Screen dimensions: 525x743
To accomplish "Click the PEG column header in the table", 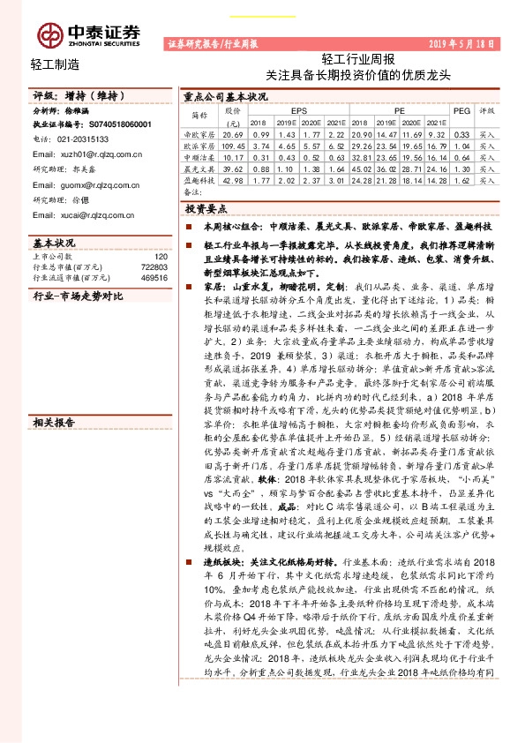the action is (x=461, y=111).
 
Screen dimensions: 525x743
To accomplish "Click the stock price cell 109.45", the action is (x=234, y=145).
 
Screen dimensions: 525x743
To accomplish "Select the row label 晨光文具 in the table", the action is (x=199, y=168).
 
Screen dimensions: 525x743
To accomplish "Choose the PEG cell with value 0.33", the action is (x=461, y=133).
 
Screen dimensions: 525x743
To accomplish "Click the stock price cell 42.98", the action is (x=234, y=179).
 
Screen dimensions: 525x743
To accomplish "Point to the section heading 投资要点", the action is (x=206, y=209).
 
